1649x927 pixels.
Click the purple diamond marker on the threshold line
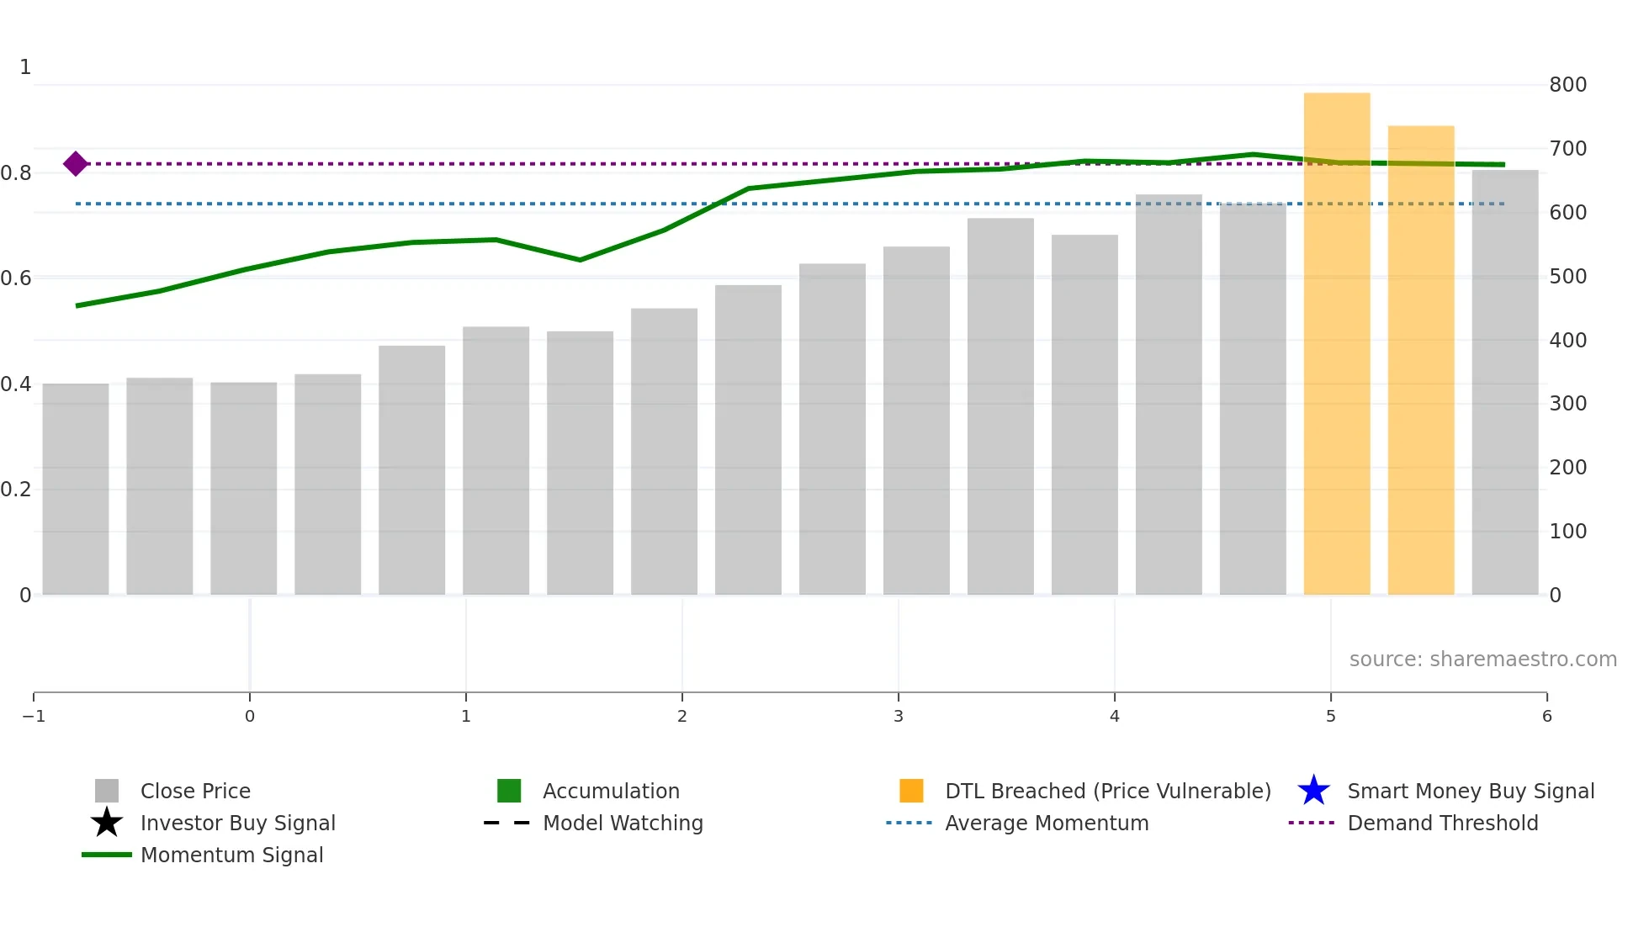(76, 164)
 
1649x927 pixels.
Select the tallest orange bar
(1337, 345)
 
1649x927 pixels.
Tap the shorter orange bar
(1421, 362)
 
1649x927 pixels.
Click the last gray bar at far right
(1505, 383)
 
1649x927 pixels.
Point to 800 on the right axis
(1567, 85)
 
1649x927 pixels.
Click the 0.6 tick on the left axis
(16, 278)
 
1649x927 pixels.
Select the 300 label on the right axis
(1567, 404)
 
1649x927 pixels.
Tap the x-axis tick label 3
(899, 716)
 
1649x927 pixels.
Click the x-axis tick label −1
(34, 716)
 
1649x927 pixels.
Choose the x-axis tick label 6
(1546, 716)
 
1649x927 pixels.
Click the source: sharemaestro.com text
(1482, 659)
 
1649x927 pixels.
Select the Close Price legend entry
(195, 792)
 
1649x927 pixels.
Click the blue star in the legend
(1313, 791)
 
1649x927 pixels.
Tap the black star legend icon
(107, 823)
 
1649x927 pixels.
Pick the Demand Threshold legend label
(1442, 824)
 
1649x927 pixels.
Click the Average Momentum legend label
(1046, 824)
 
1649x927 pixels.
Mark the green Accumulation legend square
(509, 791)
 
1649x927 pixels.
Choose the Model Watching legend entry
(623, 824)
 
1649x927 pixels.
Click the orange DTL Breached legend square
(911, 791)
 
